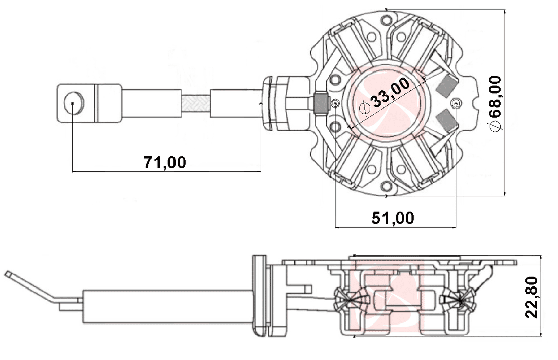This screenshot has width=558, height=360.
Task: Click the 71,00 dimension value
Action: coord(164,162)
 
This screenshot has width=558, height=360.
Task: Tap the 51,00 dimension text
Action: coord(393,218)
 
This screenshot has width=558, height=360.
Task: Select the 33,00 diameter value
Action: coord(390,94)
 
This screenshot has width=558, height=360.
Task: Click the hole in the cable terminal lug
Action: coord(72,103)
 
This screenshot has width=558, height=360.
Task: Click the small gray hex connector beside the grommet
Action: coord(321,103)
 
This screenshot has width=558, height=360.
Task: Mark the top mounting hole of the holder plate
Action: coord(387,20)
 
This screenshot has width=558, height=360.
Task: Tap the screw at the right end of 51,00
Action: coord(456,103)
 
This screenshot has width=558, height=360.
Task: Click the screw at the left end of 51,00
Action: coord(335,103)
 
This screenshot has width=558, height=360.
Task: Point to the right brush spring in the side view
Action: coord(460,300)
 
